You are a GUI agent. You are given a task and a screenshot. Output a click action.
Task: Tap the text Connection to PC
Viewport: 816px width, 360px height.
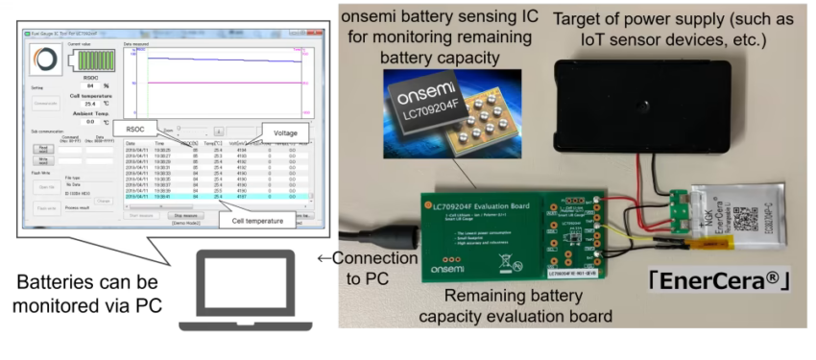pyautogui.click(x=376, y=269)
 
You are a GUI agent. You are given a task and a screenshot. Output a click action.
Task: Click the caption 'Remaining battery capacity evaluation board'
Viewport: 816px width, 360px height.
pyautogui.click(x=527, y=306)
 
